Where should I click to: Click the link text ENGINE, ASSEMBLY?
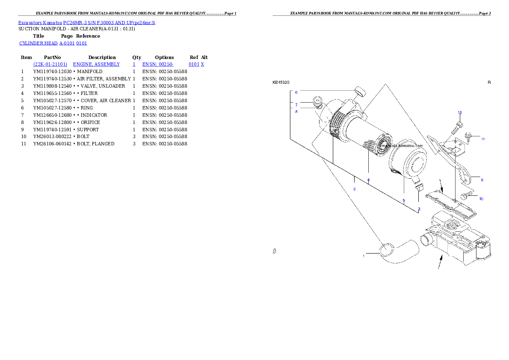tap(96, 64)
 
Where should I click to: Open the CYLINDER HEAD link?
tap(39, 44)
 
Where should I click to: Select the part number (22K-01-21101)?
tap(50, 64)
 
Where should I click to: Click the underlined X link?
tap(202, 64)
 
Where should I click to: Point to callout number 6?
tap(296, 92)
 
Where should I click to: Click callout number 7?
tap(296, 104)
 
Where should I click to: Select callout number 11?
tap(483, 139)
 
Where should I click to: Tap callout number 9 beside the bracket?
tap(482, 180)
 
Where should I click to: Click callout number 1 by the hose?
tap(364, 256)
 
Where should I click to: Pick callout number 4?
tap(368, 180)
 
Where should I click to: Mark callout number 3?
tap(419, 209)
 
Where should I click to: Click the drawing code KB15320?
tap(281, 82)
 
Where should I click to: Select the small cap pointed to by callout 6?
tap(360, 91)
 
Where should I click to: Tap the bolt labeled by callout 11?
tap(468, 136)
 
